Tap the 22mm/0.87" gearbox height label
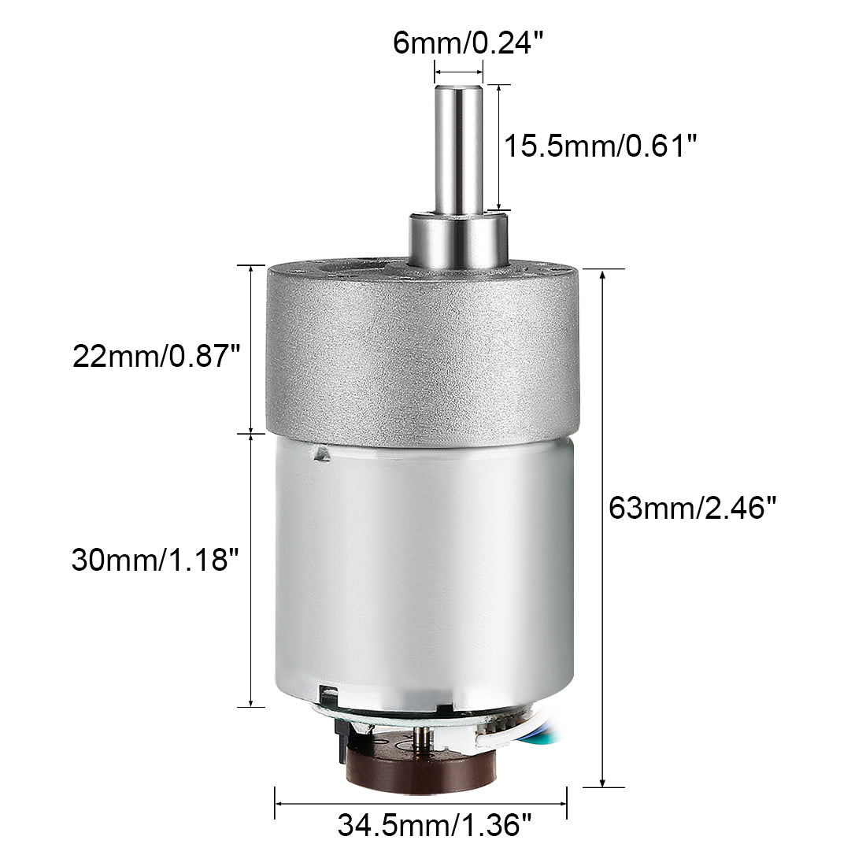click(x=155, y=357)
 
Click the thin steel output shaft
click(x=458, y=150)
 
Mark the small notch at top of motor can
click(x=320, y=453)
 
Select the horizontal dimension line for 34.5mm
click(x=421, y=804)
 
